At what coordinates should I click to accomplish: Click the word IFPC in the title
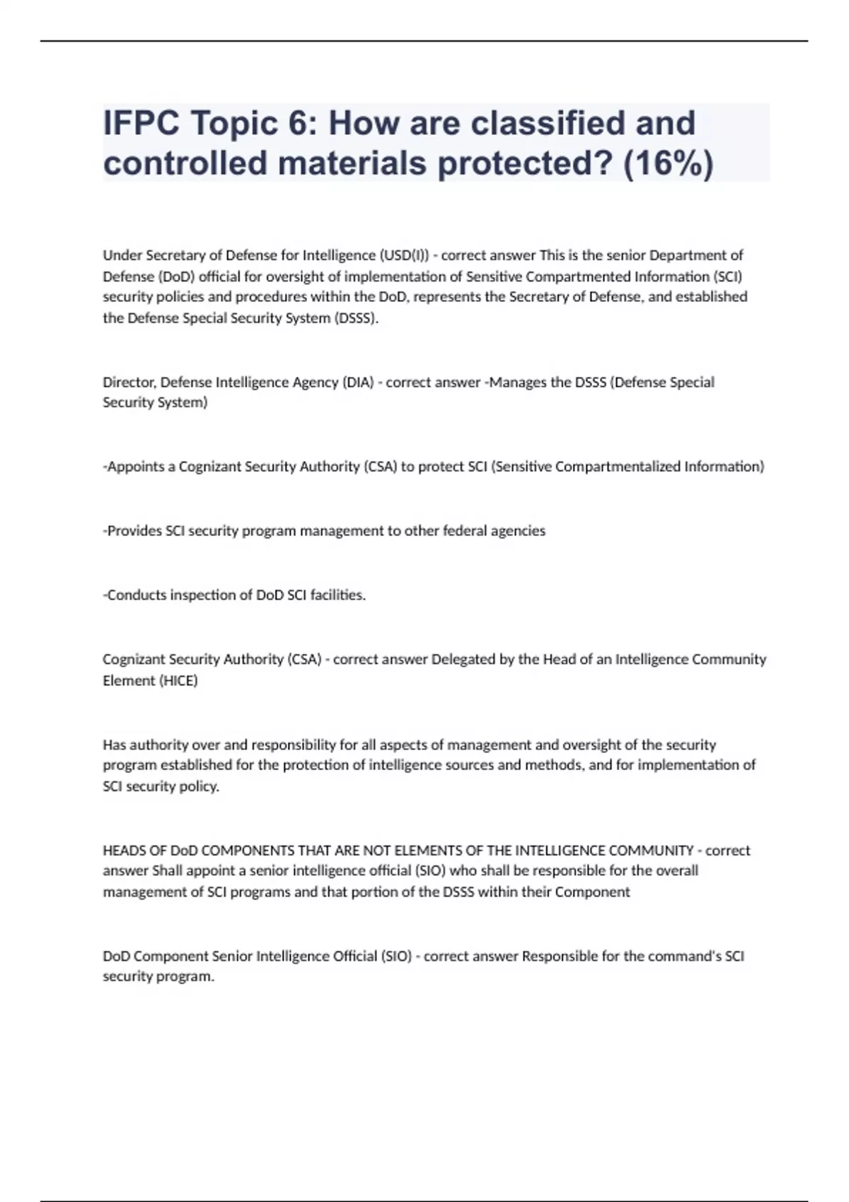pyautogui.click(x=141, y=123)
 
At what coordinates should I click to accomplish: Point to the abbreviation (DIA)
pyautogui.click(x=358, y=383)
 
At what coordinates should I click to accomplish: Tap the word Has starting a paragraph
pyautogui.click(x=115, y=745)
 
